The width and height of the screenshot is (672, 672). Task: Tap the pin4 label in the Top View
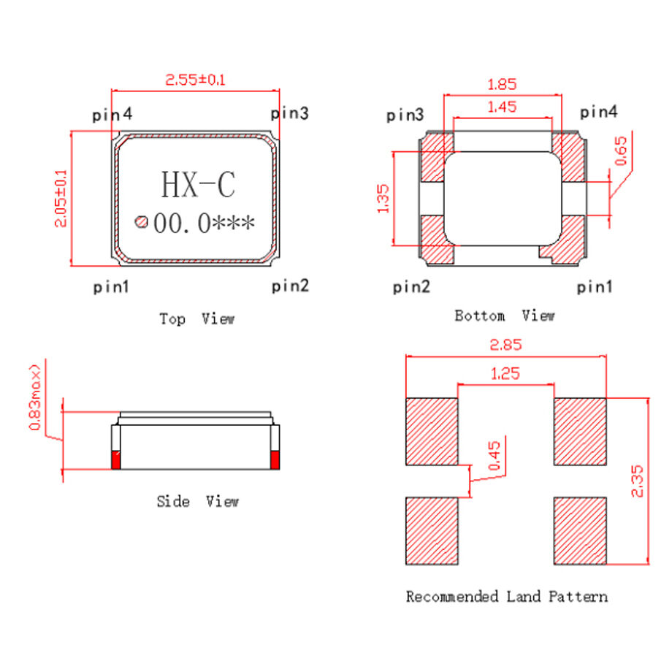point(112,115)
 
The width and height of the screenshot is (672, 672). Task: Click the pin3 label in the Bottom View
point(405,115)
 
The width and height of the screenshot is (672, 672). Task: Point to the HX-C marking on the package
point(198,185)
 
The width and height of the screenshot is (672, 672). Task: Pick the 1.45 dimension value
point(502,107)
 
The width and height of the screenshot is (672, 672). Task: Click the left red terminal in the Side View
point(115,460)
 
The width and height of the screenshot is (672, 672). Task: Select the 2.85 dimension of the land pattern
point(505,344)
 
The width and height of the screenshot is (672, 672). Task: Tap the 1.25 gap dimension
point(505,373)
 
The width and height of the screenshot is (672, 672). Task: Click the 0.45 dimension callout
point(494,457)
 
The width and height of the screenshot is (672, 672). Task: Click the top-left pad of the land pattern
point(431,431)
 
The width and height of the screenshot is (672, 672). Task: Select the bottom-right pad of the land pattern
point(580,530)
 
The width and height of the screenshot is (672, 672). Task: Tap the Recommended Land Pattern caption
point(506,597)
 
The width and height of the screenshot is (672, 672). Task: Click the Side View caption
point(197,501)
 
